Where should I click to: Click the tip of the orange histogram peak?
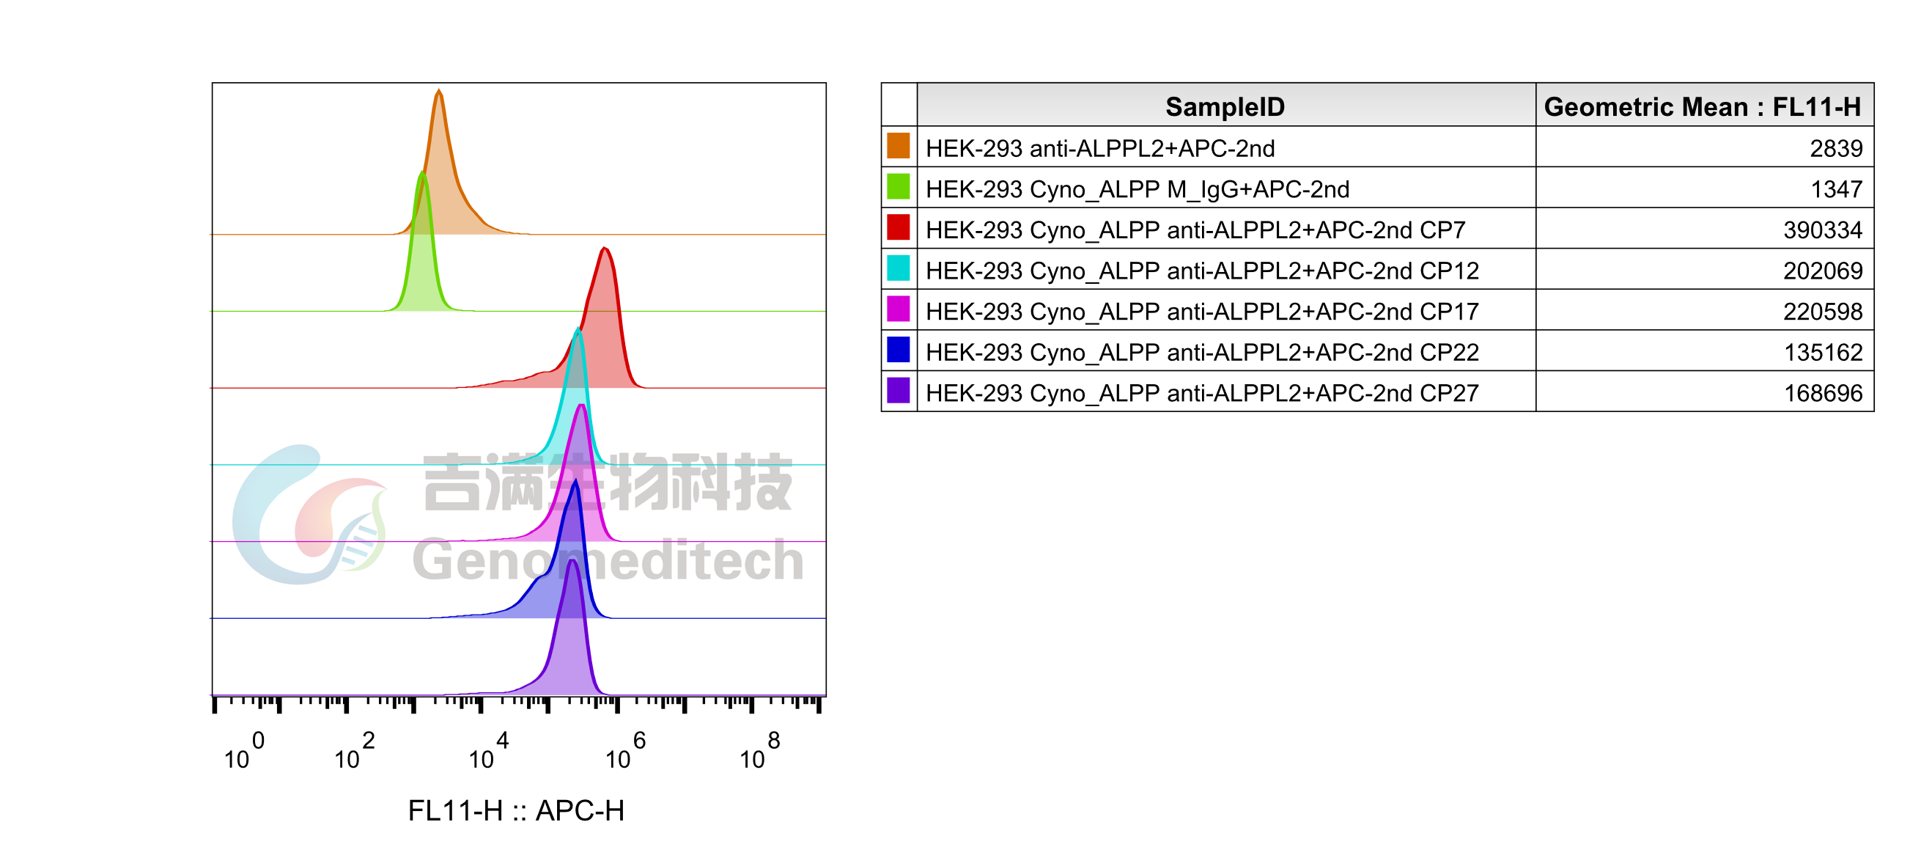[x=438, y=89]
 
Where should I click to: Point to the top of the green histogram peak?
[x=422, y=172]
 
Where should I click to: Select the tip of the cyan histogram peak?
[x=578, y=329]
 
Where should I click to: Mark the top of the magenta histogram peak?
[x=581, y=406]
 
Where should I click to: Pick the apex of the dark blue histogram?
[x=575, y=481]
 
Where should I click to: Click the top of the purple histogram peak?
[x=572, y=560]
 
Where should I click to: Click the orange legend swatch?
[x=898, y=144]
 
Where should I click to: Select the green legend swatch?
[x=898, y=186]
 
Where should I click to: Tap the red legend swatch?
[x=898, y=227]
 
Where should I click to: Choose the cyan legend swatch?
[x=898, y=267]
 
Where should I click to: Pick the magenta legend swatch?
[x=898, y=308]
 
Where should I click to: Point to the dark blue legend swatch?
[x=898, y=349]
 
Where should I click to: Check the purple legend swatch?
[x=898, y=390]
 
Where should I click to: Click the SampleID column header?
[x=1225, y=106]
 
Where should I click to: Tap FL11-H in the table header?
[x=1816, y=106]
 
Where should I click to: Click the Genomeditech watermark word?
[x=608, y=561]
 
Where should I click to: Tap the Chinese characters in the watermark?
[x=607, y=483]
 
